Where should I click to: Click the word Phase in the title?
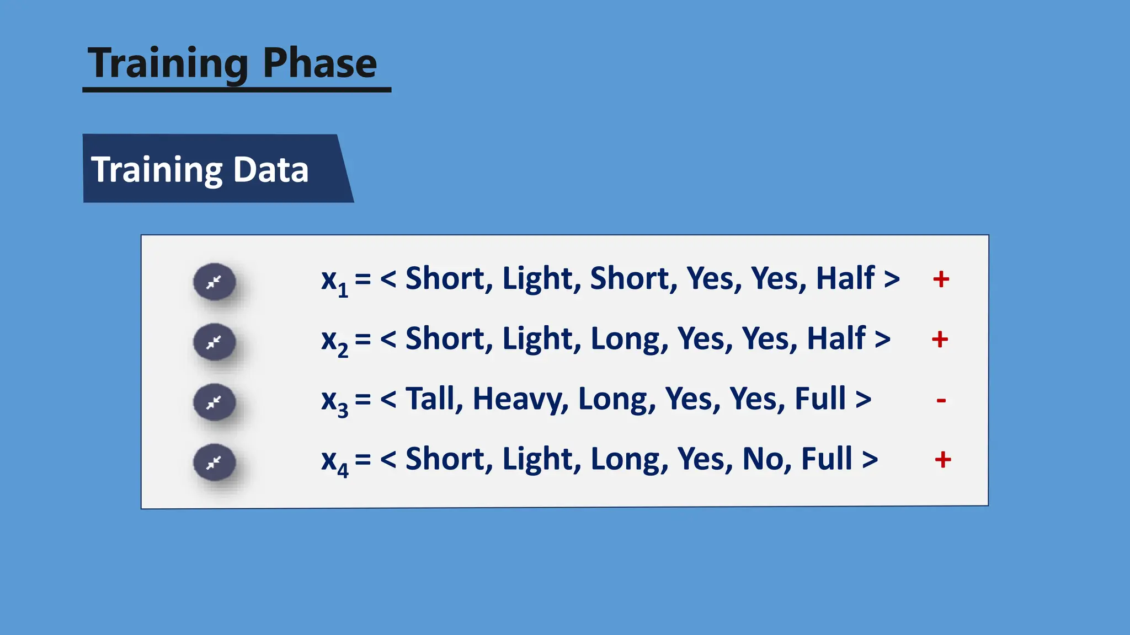(x=319, y=63)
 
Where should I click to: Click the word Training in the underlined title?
(x=168, y=63)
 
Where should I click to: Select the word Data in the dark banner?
(x=270, y=169)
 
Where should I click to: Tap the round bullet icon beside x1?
(x=215, y=282)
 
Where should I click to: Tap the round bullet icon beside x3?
(x=215, y=402)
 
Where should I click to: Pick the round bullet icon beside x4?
(x=215, y=462)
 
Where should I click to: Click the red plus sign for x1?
(x=941, y=279)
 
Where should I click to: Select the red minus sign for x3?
(x=941, y=400)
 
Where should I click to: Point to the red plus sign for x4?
(x=943, y=459)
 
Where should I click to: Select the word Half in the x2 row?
(x=836, y=338)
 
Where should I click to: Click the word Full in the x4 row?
(x=827, y=459)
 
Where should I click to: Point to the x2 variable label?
(x=334, y=341)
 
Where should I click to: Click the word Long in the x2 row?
(x=625, y=338)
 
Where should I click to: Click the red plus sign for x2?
(x=940, y=340)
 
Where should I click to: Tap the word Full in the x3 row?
(x=820, y=399)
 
